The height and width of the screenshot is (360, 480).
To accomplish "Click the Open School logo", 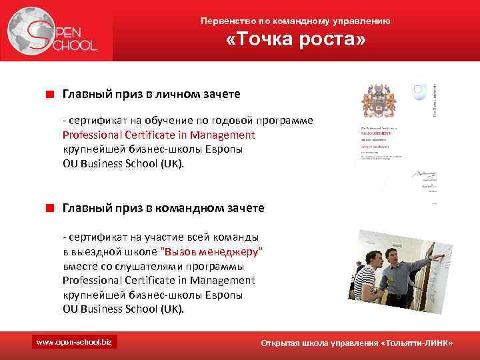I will (x=54, y=32).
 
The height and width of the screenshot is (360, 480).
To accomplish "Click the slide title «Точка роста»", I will (x=295, y=41).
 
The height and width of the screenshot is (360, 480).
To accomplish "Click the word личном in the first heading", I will (x=175, y=95).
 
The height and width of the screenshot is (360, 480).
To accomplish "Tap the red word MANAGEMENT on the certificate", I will (x=377, y=133).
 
